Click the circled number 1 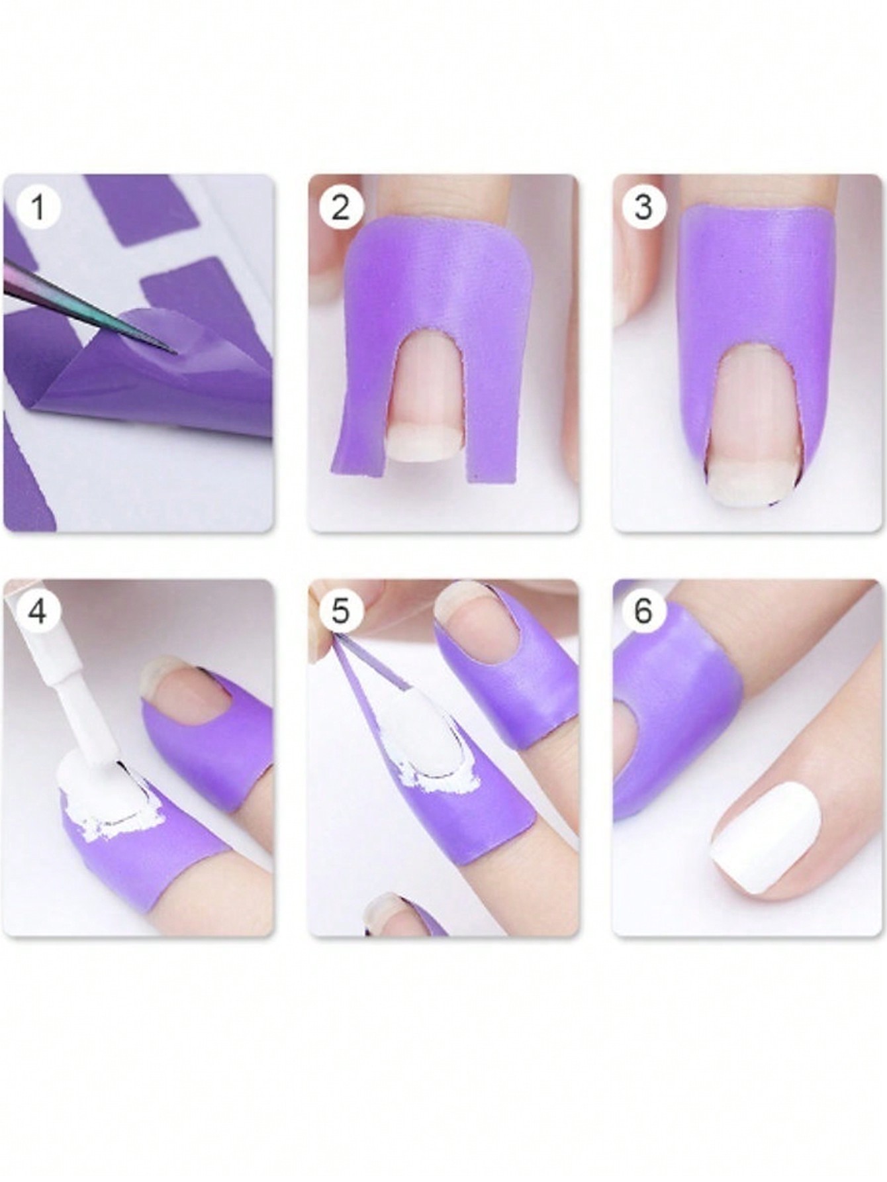click(38, 207)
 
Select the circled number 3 click(643, 207)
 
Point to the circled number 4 click(38, 611)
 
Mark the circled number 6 click(643, 611)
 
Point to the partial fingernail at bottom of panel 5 click(391, 917)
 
